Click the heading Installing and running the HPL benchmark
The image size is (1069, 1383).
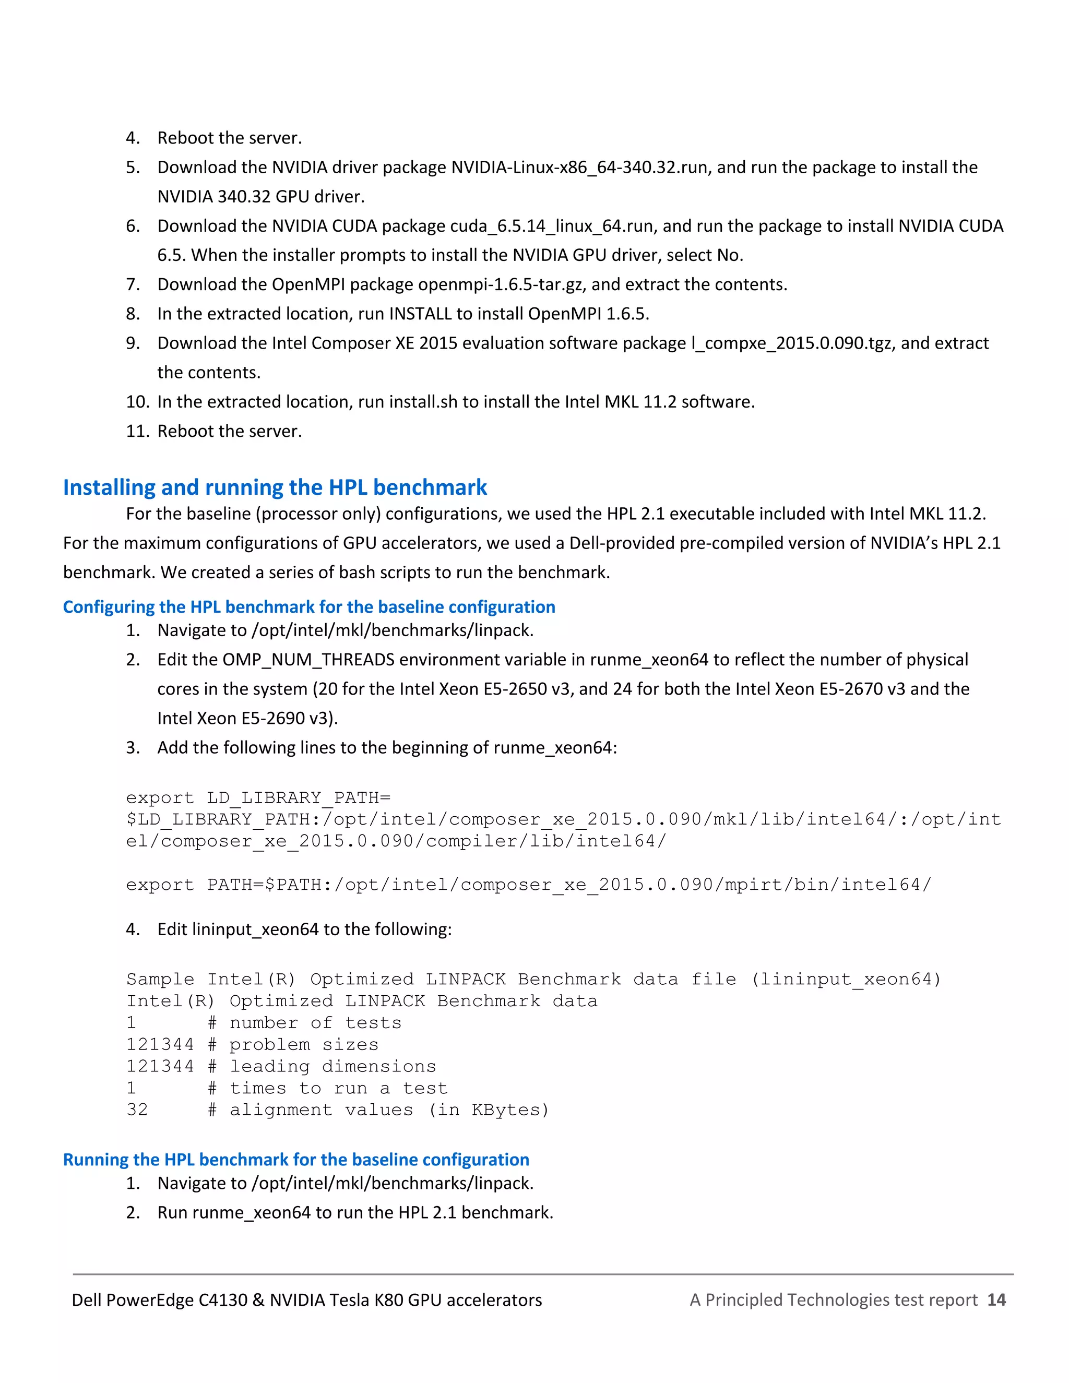click(x=275, y=487)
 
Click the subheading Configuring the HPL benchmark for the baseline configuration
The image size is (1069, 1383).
click(x=309, y=606)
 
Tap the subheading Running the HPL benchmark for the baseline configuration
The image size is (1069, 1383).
click(x=296, y=1160)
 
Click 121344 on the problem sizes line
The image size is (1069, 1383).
click(x=160, y=1045)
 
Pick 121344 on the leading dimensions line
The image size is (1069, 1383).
click(x=160, y=1066)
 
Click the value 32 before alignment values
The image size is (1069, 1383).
click(x=137, y=1110)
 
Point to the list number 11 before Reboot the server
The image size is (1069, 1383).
click(x=137, y=431)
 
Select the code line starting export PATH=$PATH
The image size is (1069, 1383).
click(x=528, y=885)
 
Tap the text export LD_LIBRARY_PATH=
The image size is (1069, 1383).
click(x=258, y=798)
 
